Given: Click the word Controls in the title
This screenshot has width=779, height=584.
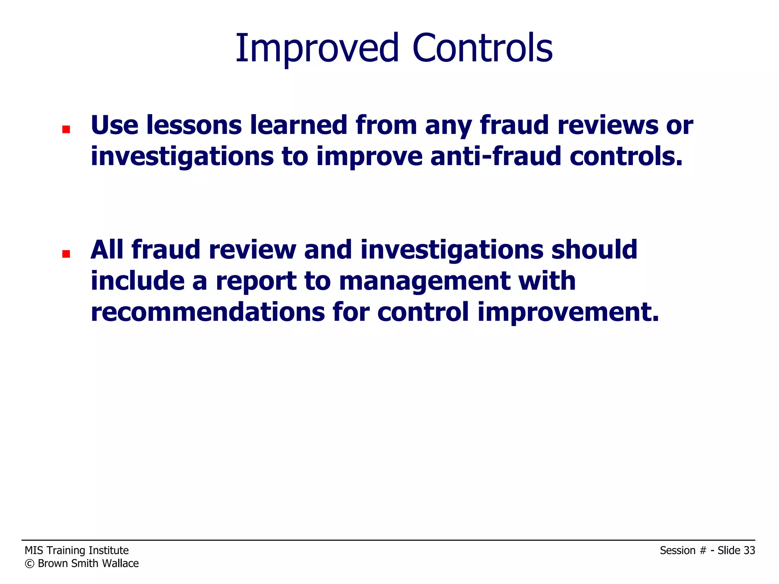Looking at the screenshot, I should [482, 48].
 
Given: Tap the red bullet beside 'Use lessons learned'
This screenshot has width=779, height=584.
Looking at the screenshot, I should [66, 130].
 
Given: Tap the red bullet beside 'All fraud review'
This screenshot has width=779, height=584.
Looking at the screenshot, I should [66, 254].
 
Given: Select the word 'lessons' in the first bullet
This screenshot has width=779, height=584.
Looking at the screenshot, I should [194, 125].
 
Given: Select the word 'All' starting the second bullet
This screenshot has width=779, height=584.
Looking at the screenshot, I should [107, 250].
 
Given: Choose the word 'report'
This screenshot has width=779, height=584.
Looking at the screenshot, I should [256, 281].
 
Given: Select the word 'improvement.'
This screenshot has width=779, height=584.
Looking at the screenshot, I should [568, 313].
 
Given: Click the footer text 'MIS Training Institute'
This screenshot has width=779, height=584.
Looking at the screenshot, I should [77, 551].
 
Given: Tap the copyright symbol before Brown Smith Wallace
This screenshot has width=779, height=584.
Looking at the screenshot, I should [29, 564].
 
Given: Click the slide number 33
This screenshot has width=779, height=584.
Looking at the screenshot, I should [749, 551].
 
